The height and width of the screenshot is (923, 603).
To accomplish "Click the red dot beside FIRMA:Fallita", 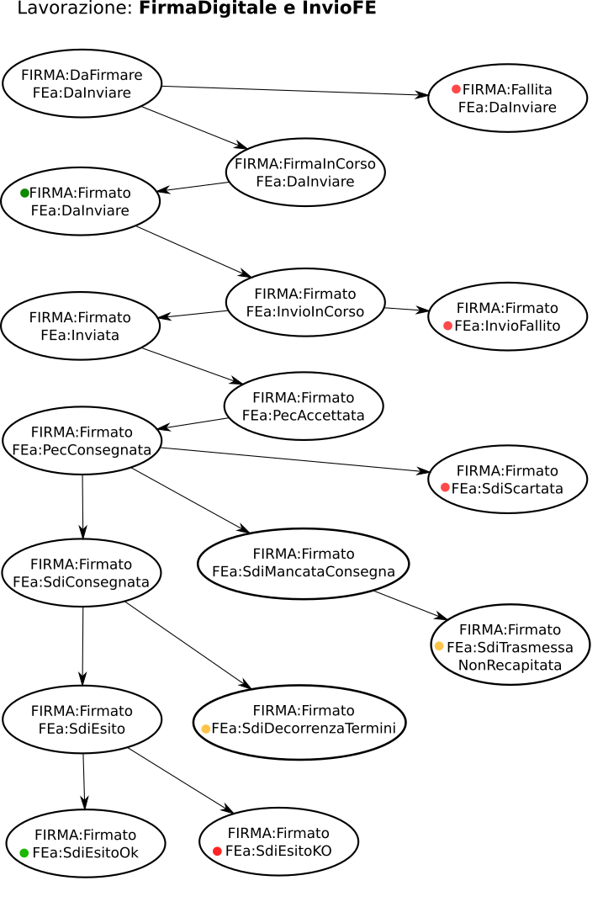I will pos(456,89).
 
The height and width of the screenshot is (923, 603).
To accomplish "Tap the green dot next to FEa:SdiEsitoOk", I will pos(24,853).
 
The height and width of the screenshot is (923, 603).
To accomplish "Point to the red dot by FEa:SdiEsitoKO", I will pos(217,851).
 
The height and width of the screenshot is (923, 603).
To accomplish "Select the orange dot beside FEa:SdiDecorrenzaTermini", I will pos(206,729).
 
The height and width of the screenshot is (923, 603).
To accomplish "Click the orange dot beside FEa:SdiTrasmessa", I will pos(439,646).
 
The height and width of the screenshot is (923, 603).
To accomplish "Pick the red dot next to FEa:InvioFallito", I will pos(448,326).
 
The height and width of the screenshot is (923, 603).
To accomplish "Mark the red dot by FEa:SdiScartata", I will pos(445,487).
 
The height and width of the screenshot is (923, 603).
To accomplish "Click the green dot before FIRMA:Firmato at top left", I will pos(25,193).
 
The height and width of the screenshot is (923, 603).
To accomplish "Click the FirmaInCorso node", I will pos(305,172).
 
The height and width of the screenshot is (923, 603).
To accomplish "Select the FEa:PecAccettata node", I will pos(304,406).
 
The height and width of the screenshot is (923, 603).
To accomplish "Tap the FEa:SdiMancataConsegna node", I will pos(304,564).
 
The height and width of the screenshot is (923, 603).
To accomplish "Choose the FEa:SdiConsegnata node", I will pos(82,573).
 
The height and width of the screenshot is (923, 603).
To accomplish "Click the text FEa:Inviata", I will pos(80,335).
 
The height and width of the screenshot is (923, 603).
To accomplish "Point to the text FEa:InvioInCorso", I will pos(305,311).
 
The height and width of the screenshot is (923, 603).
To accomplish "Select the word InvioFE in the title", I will pos(344,9).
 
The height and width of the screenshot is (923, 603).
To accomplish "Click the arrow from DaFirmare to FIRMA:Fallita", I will pos(294,91).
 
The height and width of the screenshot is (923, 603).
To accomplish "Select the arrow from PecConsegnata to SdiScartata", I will pos(294,459).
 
